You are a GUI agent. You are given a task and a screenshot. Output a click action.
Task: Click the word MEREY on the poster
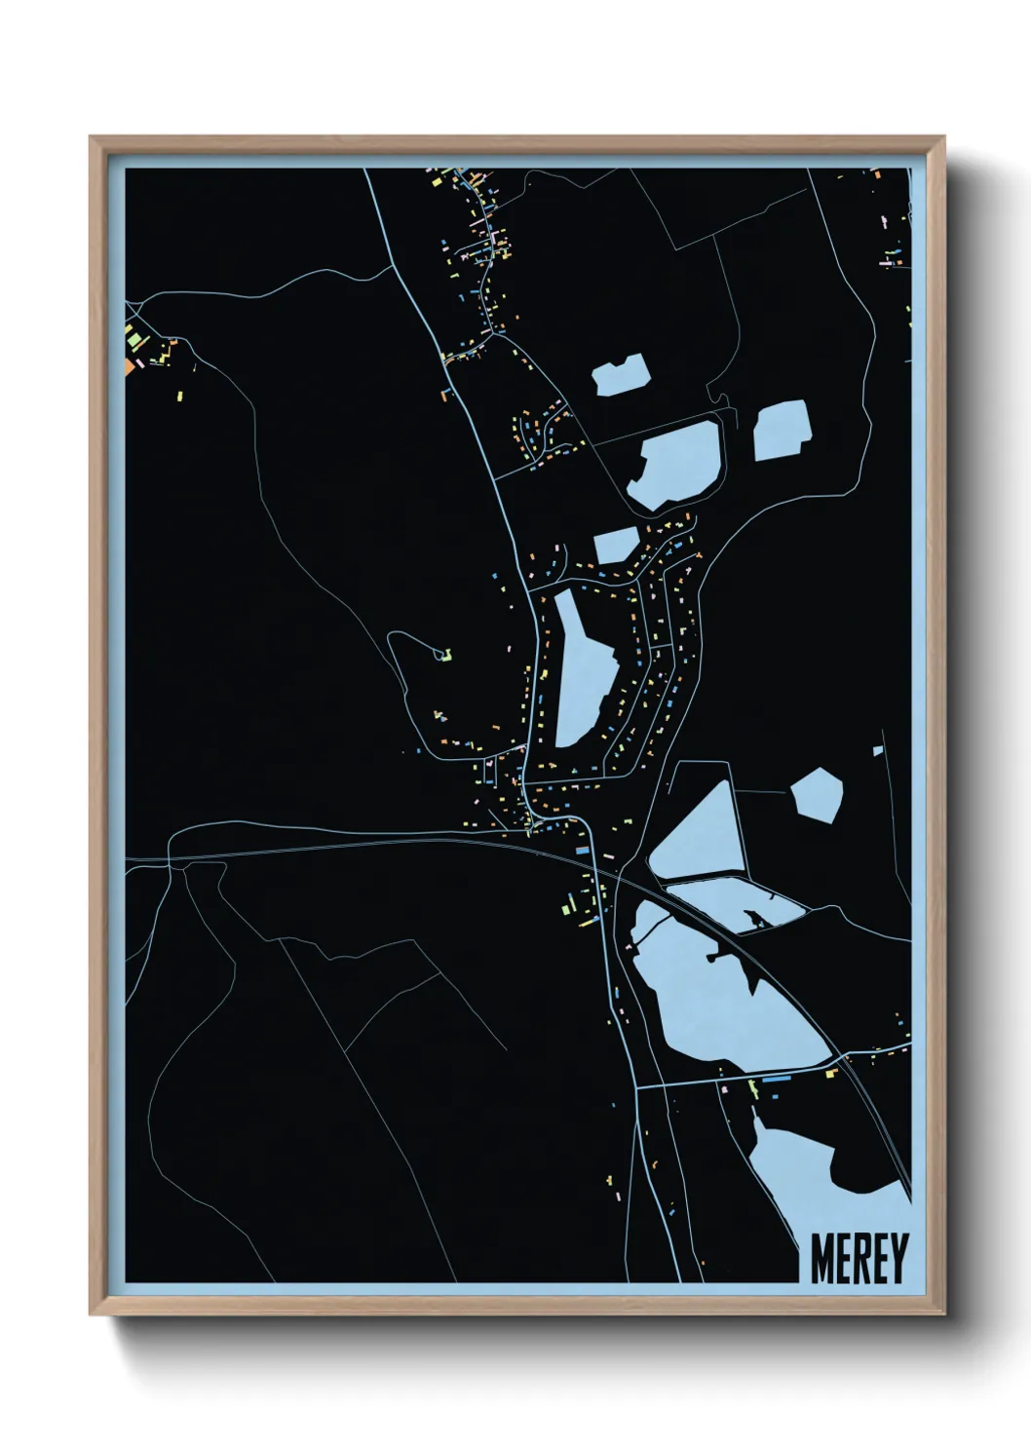click(x=859, y=1259)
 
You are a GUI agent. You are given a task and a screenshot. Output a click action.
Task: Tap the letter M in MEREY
click(x=821, y=1259)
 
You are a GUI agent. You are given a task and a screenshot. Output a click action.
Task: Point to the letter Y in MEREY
click(x=897, y=1259)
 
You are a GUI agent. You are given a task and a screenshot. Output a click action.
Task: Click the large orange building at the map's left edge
click(x=129, y=366)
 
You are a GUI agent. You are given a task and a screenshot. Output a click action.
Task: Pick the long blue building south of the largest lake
click(x=777, y=1080)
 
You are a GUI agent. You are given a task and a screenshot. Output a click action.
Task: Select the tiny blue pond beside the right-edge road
click(x=878, y=750)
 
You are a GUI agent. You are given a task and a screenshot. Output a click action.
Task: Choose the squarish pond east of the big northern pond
click(x=782, y=430)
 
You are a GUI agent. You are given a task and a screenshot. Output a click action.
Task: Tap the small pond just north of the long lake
click(x=614, y=546)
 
